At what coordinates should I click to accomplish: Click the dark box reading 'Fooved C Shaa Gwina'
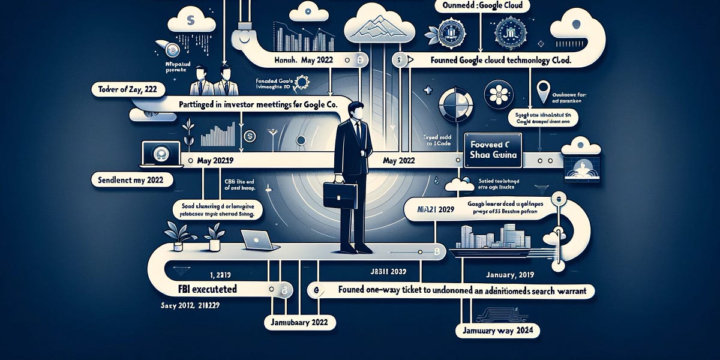pyautogui.click(x=494, y=146)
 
